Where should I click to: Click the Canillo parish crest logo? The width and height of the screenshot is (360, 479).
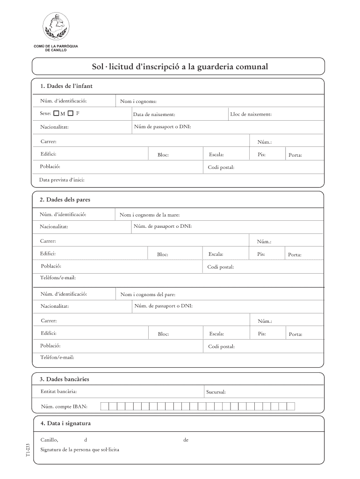point(55,26)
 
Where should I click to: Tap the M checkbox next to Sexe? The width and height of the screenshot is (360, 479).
point(56,113)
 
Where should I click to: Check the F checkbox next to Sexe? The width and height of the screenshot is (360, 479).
point(71,113)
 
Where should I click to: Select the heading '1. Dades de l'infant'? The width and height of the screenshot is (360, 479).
point(66,86)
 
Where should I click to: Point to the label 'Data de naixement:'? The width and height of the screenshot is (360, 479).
point(154,115)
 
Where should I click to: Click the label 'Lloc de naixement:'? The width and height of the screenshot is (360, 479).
point(251,114)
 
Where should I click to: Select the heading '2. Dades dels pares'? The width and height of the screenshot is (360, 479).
point(65,200)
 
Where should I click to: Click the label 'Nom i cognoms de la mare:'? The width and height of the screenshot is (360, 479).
point(150,215)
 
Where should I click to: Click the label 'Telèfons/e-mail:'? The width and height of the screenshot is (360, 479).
point(58,278)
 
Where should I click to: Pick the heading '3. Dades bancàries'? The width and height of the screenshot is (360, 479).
point(65,378)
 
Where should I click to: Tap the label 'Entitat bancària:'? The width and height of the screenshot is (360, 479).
point(59,391)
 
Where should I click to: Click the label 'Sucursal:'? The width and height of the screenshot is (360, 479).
point(216,392)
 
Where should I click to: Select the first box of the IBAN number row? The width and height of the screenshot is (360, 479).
point(105,406)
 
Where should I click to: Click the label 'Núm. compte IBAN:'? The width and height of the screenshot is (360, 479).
point(64,406)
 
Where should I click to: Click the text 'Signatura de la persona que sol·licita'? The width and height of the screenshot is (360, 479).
point(80,450)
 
